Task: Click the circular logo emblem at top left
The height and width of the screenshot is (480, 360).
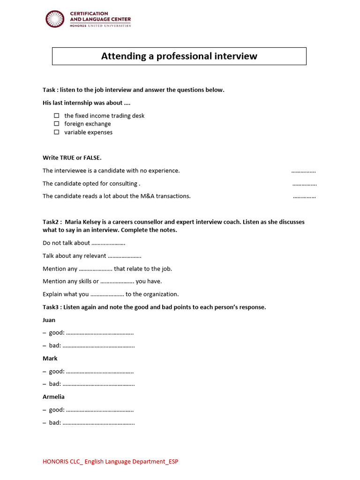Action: click(55, 19)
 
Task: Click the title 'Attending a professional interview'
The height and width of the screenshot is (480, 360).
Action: click(179, 56)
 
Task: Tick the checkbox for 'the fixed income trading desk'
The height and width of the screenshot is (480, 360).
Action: click(56, 115)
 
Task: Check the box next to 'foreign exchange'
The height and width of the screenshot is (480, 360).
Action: click(56, 124)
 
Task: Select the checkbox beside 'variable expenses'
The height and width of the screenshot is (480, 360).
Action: click(56, 132)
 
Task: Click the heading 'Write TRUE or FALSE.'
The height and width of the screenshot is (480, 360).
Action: click(72, 157)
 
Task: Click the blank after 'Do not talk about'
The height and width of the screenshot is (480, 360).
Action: click(108, 244)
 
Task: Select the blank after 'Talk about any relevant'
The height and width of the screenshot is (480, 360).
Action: click(125, 256)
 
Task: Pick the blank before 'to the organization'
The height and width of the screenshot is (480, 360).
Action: click(107, 295)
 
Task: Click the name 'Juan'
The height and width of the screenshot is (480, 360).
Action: click(49, 320)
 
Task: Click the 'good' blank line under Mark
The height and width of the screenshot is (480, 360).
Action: click(100, 372)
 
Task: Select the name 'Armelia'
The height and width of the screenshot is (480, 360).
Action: click(53, 397)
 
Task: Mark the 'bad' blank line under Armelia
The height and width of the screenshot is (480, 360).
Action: click(98, 423)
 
